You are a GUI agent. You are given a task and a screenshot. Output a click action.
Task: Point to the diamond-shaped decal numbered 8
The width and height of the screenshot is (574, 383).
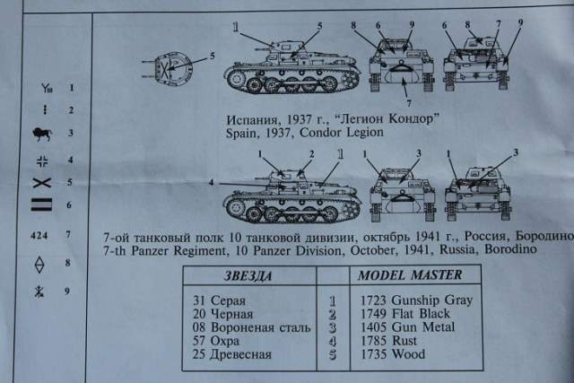click(x=39, y=263)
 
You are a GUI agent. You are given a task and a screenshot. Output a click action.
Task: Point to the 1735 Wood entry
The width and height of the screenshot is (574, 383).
click(x=397, y=354)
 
